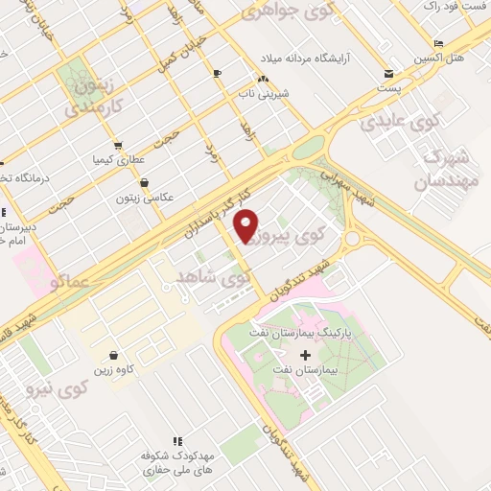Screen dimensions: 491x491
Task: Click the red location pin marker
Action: point(246,224)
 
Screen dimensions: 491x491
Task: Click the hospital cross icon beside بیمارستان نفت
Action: point(306,356)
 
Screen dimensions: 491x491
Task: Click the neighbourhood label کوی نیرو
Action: point(85,389)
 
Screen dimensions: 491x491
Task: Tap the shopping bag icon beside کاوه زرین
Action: point(113,355)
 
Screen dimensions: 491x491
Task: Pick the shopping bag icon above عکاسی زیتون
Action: point(144,181)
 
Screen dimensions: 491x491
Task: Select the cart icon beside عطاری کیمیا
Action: point(117,146)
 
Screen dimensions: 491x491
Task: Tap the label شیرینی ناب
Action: point(263,95)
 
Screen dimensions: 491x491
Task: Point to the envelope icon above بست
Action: point(387,73)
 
